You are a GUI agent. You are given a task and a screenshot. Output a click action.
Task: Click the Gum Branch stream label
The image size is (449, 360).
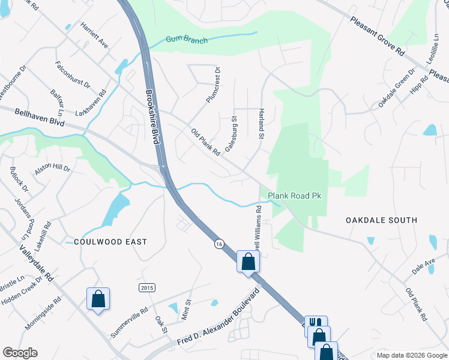[x=187, y=41]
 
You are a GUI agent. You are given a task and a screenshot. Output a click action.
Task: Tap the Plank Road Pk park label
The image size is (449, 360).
[x=295, y=196]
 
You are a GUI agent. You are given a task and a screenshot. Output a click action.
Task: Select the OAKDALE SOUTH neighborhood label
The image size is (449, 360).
[x=381, y=220]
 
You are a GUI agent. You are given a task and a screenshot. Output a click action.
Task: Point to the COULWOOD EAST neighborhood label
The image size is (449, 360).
[x=110, y=242]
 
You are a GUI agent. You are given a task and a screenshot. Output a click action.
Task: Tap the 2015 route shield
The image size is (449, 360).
[x=146, y=288]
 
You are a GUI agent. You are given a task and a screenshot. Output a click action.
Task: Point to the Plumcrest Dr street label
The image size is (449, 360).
[x=212, y=85]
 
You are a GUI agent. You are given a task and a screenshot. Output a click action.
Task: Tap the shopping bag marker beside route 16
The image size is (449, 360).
[x=248, y=262]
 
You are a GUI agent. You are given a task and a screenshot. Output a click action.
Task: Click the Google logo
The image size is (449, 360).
[x=20, y=353]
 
